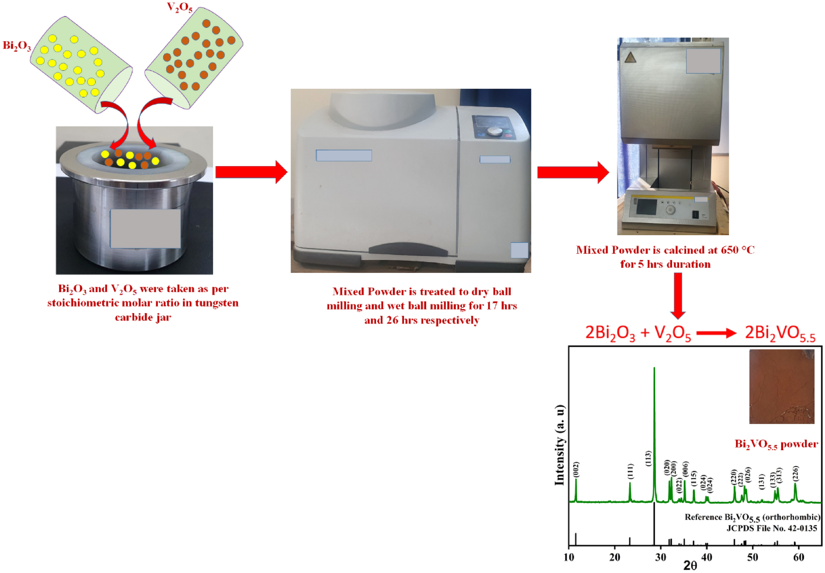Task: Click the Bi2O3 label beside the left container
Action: [x=17, y=46]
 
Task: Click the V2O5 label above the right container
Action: [x=180, y=7]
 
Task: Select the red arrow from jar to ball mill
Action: [x=251, y=172]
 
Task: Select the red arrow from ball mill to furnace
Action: [x=573, y=172]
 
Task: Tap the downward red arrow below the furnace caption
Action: [x=677, y=296]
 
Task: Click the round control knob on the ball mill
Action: [x=495, y=132]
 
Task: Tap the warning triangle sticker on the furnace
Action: [x=630, y=58]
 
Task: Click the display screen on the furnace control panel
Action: [x=646, y=207]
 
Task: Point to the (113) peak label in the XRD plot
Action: [x=648, y=458]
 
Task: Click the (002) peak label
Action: [x=575, y=470]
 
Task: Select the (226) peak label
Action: [x=795, y=474]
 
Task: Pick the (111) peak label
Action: [x=630, y=471]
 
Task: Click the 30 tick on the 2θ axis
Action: [x=661, y=557]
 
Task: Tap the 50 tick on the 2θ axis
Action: [x=753, y=557]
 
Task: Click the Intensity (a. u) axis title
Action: [x=559, y=445]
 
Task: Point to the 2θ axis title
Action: [x=690, y=566]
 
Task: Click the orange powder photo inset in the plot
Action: [x=781, y=386]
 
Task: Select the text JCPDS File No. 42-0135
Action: [x=772, y=528]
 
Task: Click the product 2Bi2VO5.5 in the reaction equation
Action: [x=780, y=333]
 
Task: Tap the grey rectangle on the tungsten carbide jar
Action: [x=146, y=229]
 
